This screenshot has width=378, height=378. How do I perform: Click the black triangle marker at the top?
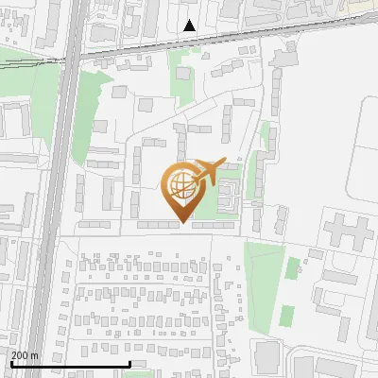tap(190, 26)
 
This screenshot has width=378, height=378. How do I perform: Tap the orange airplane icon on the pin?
tap(210, 171)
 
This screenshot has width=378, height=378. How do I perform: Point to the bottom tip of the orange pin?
tap(182, 223)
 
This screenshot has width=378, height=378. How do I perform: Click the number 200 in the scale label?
tap(19, 354)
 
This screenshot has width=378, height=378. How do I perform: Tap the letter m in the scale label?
tap(34, 354)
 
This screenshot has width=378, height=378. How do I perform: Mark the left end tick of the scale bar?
tap(10, 364)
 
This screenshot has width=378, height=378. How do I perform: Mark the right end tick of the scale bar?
tap(129, 364)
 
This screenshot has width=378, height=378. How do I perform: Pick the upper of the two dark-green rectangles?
tap(293, 267)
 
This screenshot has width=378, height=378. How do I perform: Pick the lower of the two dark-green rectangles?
tap(286, 316)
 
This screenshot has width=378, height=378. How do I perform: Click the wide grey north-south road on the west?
tap(55, 189)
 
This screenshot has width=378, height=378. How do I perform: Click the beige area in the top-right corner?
tap(364, 8)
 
